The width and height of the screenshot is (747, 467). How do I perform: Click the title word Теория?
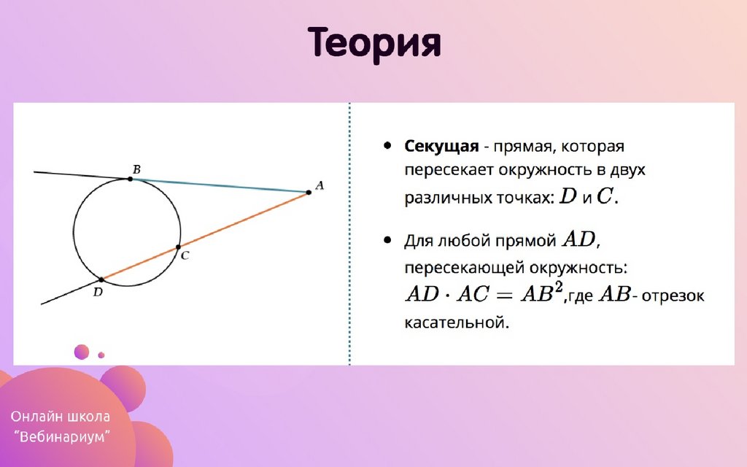point(374,44)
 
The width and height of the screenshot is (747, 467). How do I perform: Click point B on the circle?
point(130,180)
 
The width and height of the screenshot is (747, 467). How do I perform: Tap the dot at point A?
point(309,193)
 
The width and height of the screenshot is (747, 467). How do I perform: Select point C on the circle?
point(178,247)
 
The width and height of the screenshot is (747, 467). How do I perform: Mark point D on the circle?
point(101,279)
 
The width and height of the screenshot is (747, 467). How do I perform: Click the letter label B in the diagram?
point(136,169)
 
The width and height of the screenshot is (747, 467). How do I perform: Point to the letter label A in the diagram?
point(320,185)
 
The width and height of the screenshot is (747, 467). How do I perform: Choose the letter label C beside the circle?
point(185,256)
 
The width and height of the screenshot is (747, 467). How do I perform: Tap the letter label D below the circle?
point(98,292)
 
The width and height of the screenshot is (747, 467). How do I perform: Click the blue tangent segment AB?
point(219,186)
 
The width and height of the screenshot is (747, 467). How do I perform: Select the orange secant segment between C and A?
point(244,220)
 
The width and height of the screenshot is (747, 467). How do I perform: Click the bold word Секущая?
point(441,146)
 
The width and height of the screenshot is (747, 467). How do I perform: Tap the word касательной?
point(457,323)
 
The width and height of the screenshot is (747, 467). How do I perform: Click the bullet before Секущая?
point(387,145)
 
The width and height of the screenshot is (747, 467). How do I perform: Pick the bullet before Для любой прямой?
point(387,239)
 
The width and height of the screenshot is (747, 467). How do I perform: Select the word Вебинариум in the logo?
point(62,436)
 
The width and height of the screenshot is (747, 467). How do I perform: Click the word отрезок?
point(673,296)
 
